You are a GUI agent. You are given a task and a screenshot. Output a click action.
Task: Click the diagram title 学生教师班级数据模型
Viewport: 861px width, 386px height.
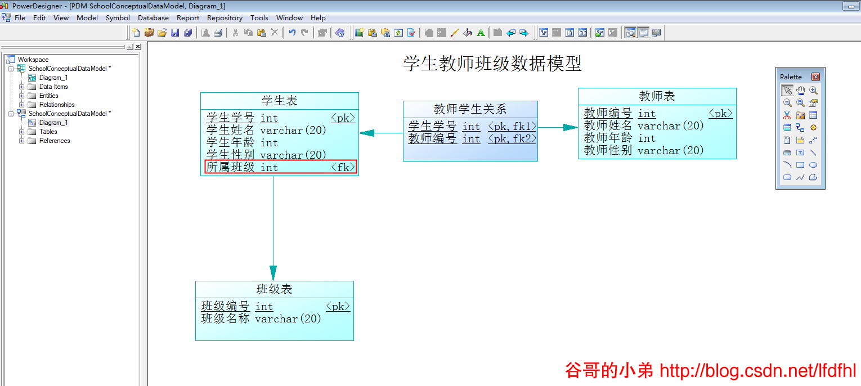492,64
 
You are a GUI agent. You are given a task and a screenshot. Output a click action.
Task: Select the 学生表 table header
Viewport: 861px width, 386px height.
279,101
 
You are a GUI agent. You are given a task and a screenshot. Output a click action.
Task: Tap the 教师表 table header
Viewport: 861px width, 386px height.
657,96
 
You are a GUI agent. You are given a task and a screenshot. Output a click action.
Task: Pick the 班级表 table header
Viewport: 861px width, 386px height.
275,289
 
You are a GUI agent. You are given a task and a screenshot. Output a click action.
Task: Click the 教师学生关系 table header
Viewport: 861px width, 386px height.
470,109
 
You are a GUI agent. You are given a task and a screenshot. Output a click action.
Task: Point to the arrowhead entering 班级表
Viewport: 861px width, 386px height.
273,273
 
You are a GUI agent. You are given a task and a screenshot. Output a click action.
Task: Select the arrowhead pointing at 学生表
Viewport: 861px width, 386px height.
367,133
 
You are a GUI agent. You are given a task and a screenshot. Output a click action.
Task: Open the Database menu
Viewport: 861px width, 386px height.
153,18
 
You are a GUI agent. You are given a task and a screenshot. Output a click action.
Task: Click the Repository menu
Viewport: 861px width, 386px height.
225,18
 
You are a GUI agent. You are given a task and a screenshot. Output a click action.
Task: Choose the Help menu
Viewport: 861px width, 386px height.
318,18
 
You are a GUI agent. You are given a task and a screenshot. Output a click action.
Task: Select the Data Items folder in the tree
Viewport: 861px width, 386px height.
53,87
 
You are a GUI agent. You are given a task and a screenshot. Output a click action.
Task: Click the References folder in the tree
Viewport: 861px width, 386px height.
55,141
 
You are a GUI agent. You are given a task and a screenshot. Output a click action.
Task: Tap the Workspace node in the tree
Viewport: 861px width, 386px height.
33,60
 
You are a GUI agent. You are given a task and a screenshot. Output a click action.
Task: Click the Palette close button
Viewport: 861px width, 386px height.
815,77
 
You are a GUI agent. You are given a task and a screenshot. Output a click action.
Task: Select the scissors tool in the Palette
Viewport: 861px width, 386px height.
787,115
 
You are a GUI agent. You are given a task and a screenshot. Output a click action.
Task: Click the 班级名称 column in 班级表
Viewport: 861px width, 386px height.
225,319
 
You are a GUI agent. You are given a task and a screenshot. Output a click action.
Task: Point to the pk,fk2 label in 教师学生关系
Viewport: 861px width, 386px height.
512,139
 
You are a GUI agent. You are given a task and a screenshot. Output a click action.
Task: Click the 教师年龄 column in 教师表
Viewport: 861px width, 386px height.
608,138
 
